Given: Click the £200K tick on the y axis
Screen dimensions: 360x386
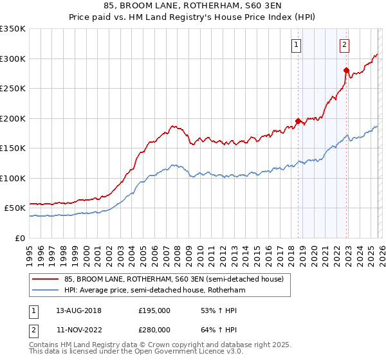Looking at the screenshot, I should click(13, 118).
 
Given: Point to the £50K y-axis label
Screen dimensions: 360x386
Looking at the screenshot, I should click(15, 208).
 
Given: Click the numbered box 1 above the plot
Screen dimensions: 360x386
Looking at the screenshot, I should click(297, 44).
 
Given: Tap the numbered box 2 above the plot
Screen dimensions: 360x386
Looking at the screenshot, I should click(345, 44).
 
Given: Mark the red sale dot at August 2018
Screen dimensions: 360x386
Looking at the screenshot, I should click(298, 121).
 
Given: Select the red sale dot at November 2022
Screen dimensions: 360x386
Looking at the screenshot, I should click(346, 70).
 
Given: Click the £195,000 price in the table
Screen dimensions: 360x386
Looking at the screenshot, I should click(154, 310).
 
